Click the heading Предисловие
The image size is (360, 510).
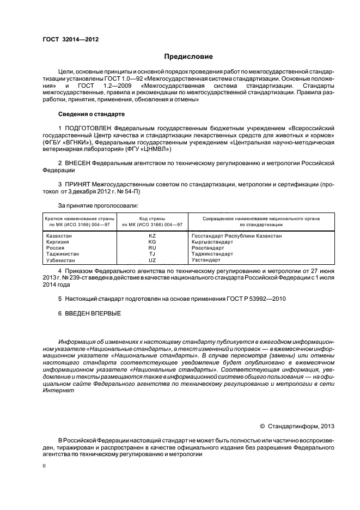pyautogui.click(x=188, y=57)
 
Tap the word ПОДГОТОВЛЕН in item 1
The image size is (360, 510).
pyautogui.click(x=91, y=127)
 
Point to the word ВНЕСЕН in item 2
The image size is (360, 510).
pyautogui.click(x=77, y=163)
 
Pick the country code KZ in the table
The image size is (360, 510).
pyautogui.click(x=152, y=235)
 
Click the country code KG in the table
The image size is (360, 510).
pyautogui.click(x=152, y=241)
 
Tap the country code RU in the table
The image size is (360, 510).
pyautogui.click(x=152, y=247)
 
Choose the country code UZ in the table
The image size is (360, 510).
pyautogui.click(x=152, y=260)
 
